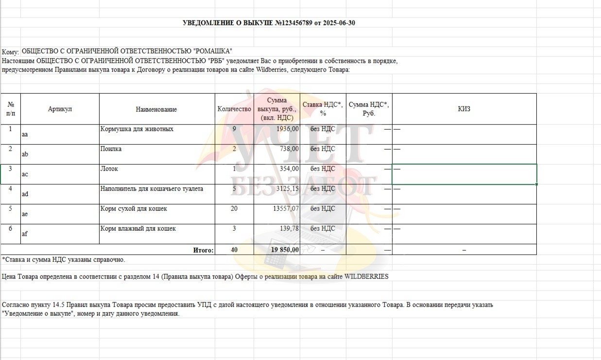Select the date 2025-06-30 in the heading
tap(339, 23)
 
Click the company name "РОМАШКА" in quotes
tap(213, 51)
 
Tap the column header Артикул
tap(60, 109)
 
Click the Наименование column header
tap(156, 110)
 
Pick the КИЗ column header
tap(464, 109)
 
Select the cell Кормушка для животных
tap(137, 129)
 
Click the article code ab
tap(25, 154)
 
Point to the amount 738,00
tap(289, 149)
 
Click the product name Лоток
tap(109, 169)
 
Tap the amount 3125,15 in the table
tap(286, 189)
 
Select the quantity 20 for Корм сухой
tap(234, 209)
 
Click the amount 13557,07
tap(284, 209)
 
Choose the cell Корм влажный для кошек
tap(138, 229)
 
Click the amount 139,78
tap(289, 229)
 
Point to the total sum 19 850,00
tap(285, 250)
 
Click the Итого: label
tap(203, 250)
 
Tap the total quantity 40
tap(234, 250)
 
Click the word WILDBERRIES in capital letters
tap(366, 276)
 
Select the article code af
tap(25, 234)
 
